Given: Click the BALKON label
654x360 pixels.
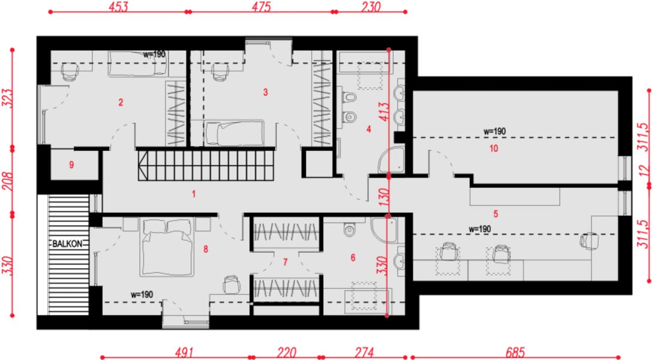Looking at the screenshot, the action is coord(67,244).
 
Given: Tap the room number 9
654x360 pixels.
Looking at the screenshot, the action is coord(71,165).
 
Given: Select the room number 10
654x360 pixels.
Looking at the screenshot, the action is coord(494,149).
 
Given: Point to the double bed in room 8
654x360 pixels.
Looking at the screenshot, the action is coord(167,247).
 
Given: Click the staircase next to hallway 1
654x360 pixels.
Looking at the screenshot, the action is coord(206,165).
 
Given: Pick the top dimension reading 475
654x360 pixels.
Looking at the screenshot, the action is coord(261,7).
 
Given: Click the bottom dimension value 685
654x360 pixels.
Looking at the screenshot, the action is coord(515,352).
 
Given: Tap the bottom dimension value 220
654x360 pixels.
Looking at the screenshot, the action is coord(286,352).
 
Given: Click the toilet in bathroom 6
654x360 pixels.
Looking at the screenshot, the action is coord(350,229).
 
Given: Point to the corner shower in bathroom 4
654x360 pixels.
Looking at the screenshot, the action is coord(391,160).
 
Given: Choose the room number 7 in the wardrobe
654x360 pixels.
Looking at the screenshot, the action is coord(285,262).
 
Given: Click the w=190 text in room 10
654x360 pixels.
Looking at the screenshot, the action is coord(494,131).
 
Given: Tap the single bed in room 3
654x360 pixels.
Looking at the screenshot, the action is coord(235,133).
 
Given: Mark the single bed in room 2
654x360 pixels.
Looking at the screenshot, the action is coord(137,64).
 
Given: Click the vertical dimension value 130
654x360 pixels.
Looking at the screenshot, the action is coord(384,197).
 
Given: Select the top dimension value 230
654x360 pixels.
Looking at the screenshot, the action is coord(371,7).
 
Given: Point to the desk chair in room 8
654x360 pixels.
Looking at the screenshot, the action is coord(232,284).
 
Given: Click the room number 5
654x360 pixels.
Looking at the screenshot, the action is coord(496,214).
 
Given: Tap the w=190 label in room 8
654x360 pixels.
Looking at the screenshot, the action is coord(142,295).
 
